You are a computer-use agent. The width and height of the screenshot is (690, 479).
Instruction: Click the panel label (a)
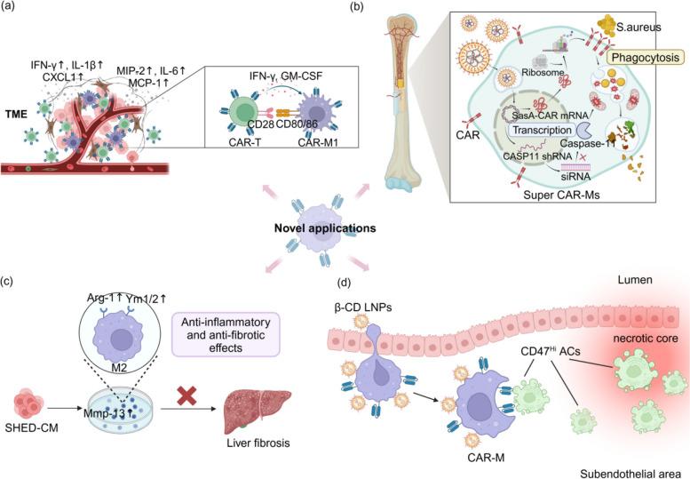(x=12, y=10)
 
